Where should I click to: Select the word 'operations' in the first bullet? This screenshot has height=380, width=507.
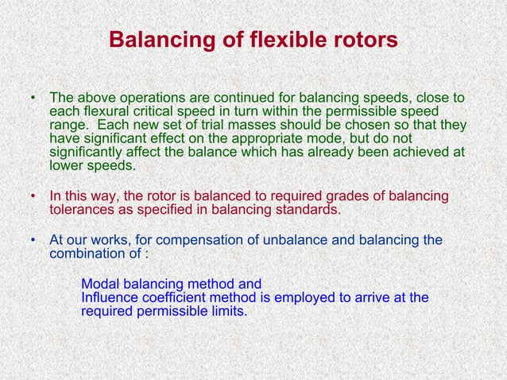point(155,99)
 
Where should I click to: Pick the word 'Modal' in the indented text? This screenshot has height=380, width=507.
point(100,284)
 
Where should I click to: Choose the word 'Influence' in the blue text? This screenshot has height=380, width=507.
point(110,297)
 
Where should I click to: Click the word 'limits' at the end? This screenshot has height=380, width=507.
point(227,311)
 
